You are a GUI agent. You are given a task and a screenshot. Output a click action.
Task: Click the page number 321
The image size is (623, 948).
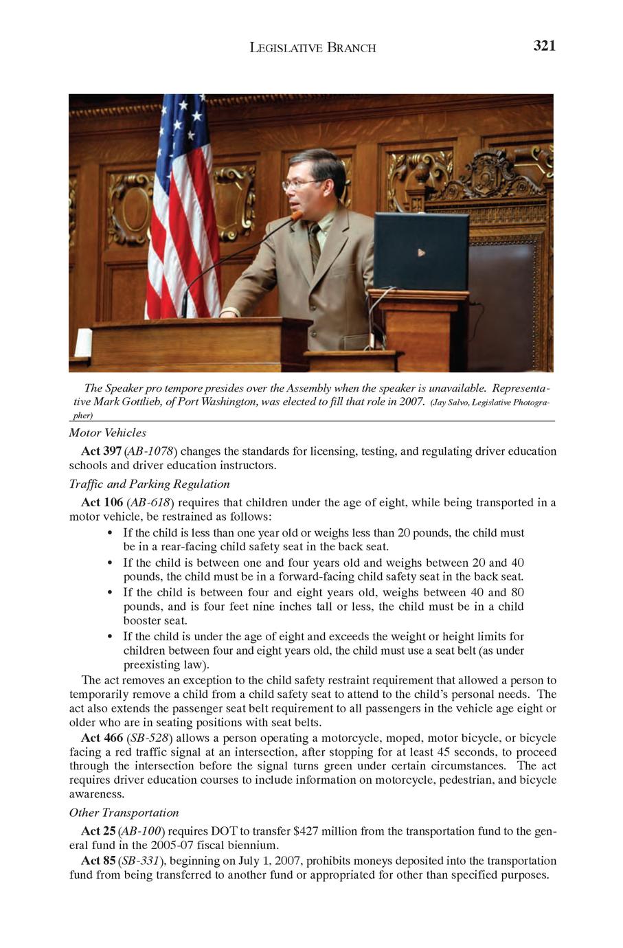(544, 46)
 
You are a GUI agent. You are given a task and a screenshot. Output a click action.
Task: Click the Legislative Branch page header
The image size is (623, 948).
(313, 47)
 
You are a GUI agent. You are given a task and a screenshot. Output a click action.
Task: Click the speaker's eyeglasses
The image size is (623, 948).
(302, 183)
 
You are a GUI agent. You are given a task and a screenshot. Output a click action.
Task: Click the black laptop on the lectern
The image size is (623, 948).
(421, 251)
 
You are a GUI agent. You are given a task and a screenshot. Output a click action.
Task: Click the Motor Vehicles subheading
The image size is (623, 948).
(107, 433)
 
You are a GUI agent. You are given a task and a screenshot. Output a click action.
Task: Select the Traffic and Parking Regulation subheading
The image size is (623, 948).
(149, 484)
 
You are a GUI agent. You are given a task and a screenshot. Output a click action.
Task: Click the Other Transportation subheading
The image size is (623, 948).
(124, 813)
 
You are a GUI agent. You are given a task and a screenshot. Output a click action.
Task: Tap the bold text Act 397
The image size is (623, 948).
(102, 451)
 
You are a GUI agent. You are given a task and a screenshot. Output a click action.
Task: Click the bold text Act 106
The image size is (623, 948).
(102, 502)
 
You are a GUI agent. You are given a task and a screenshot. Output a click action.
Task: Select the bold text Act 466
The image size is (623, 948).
(102, 738)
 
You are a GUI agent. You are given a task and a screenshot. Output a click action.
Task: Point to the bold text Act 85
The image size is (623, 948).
(98, 861)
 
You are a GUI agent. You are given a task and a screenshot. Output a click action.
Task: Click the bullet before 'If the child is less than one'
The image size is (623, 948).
(111, 533)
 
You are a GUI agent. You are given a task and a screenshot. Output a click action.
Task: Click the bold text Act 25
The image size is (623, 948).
(98, 831)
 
